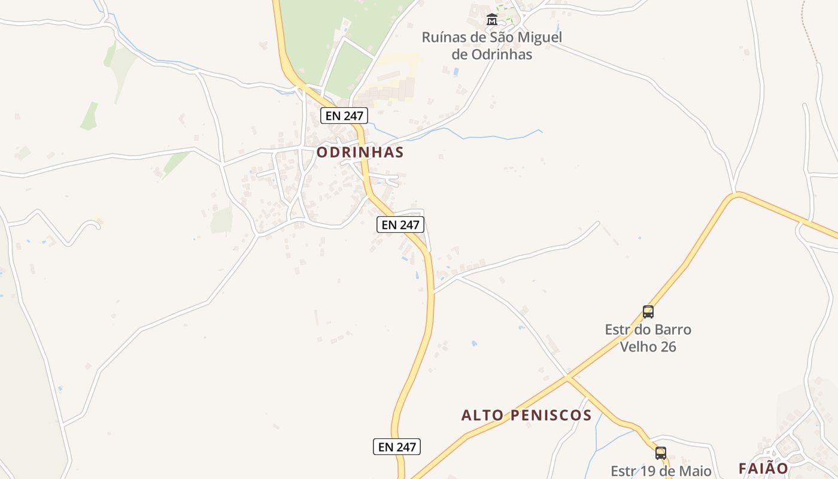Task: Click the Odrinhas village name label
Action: click(x=360, y=152)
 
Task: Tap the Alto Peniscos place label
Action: click(x=526, y=415)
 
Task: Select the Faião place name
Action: click(x=763, y=468)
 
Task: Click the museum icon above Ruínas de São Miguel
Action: click(x=491, y=19)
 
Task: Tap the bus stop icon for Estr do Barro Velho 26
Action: click(x=648, y=312)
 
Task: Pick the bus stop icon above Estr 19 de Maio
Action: click(x=661, y=453)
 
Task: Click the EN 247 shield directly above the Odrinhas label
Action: click(x=344, y=116)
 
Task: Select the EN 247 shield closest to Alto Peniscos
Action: click(x=397, y=446)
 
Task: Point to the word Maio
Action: click(x=695, y=471)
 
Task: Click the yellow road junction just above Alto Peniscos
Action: click(x=567, y=377)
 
